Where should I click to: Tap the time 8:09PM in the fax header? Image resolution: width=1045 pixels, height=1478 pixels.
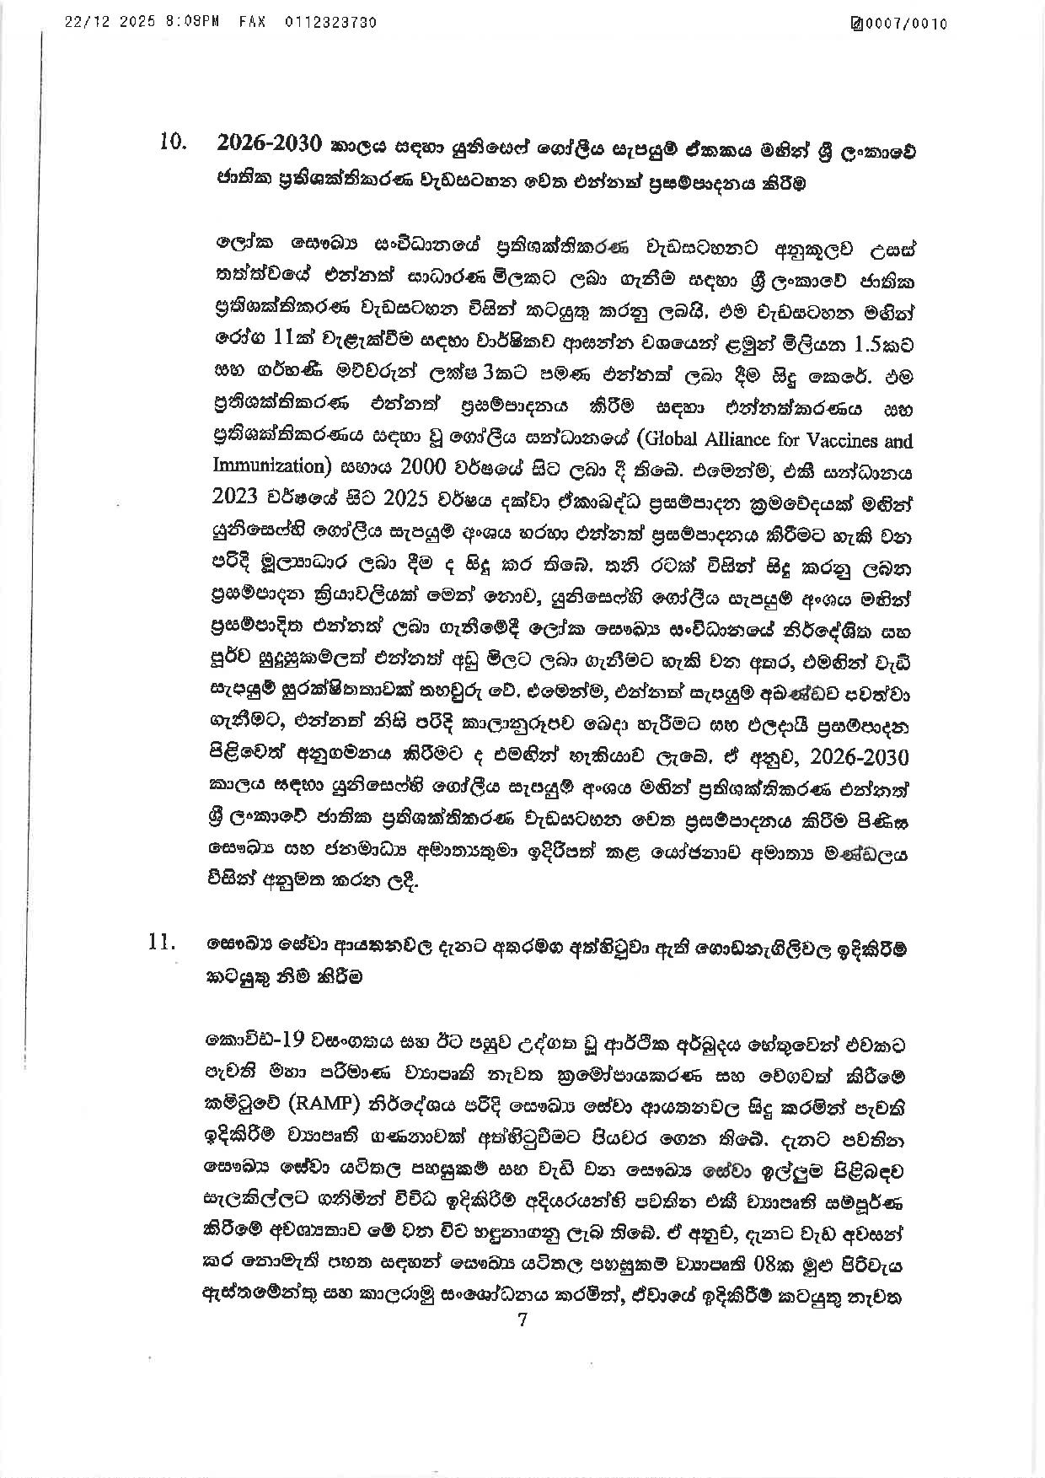click(x=193, y=24)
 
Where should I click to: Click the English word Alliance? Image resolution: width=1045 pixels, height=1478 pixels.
click(x=720, y=440)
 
